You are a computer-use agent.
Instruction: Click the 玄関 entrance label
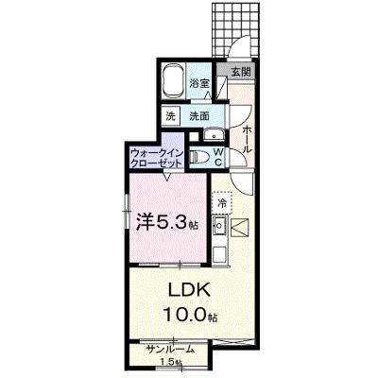(x=241, y=72)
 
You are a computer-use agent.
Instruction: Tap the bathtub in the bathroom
(x=173, y=80)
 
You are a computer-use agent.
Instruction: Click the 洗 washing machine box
(x=170, y=116)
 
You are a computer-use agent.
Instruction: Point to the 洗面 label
(x=199, y=116)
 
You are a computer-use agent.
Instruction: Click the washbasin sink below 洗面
(x=214, y=135)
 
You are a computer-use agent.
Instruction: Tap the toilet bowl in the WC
(x=199, y=156)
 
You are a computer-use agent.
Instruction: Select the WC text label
(x=218, y=157)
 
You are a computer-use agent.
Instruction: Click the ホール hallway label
(x=247, y=138)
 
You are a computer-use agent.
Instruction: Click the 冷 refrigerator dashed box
(x=222, y=203)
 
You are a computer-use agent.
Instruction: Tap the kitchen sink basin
(x=218, y=225)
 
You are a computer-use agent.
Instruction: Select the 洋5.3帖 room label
(x=167, y=223)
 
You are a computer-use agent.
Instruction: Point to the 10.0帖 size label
(x=190, y=316)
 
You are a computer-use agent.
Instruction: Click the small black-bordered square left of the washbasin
(x=194, y=136)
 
